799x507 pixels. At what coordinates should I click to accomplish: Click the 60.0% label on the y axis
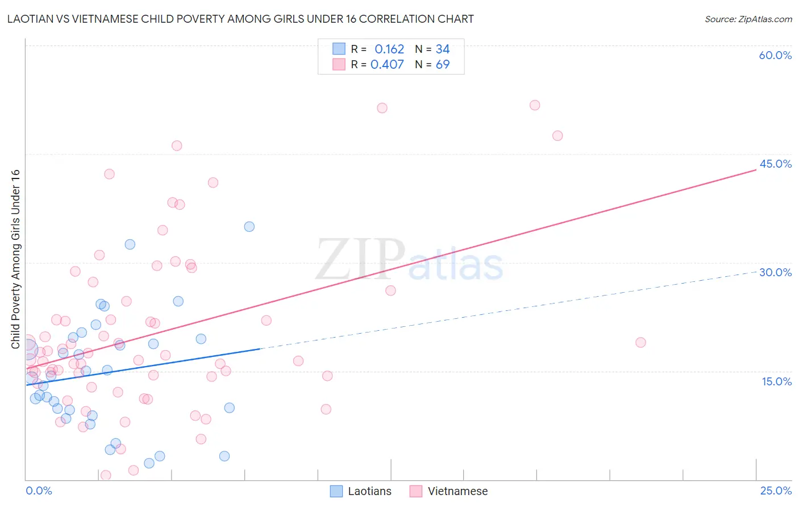[x=775, y=55]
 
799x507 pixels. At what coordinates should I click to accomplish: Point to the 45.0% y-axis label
[x=775, y=164]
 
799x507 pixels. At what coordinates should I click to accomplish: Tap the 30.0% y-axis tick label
[x=775, y=272]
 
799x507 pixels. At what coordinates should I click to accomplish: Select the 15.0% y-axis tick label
[x=776, y=381]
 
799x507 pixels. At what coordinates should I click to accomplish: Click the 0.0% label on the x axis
[x=39, y=491]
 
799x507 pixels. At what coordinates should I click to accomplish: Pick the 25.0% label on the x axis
[x=776, y=491]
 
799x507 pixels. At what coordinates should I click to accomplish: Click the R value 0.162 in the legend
[x=389, y=49]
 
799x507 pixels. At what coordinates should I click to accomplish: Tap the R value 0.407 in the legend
[x=387, y=65]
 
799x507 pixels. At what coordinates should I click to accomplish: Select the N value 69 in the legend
[x=443, y=65]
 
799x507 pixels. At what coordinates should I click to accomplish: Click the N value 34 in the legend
[x=443, y=49]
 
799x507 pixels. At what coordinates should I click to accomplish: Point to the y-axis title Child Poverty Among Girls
[x=15, y=259]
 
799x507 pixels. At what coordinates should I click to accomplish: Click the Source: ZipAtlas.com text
[x=748, y=19]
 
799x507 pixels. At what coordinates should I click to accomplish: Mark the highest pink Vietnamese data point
[x=535, y=105]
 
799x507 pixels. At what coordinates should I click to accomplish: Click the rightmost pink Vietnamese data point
[x=640, y=342]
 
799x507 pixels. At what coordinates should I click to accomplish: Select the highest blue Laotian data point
[x=249, y=227]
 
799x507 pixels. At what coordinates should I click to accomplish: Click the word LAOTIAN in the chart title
[x=28, y=19]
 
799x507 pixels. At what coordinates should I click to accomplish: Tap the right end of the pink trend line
[x=756, y=169]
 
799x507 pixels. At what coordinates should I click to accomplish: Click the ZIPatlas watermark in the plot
[x=409, y=260]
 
